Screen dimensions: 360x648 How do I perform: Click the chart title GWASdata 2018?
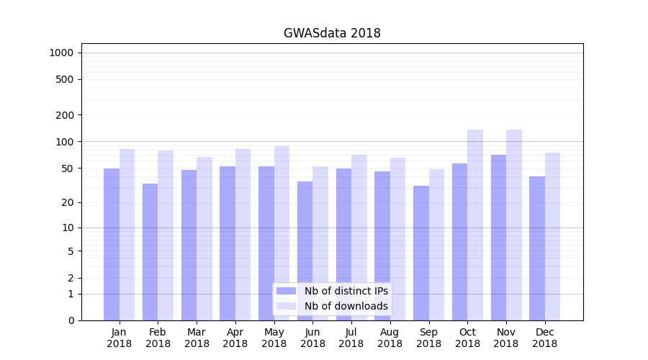click(x=332, y=33)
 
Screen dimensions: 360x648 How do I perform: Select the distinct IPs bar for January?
click(x=112, y=244)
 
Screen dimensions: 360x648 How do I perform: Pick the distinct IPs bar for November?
click(x=498, y=238)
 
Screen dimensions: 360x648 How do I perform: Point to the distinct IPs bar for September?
click(x=421, y=253)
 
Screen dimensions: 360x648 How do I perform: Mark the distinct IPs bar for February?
click(x=150, y=252)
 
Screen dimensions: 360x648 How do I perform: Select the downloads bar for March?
click(x=204, y=238)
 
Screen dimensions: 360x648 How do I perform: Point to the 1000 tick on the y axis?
click(x=61, y=53)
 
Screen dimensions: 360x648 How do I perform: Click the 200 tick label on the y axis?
click(x=66, y=115)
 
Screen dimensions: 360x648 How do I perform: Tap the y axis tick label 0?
click(x=71, y=320)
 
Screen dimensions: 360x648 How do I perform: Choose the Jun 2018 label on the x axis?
click(x=312, y=338)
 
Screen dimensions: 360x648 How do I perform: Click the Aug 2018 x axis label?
click(x=390, y=338)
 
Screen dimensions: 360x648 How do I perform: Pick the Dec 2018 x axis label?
click(x=544, y=338)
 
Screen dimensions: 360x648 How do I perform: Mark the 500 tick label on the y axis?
click(x=66, y=79)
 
